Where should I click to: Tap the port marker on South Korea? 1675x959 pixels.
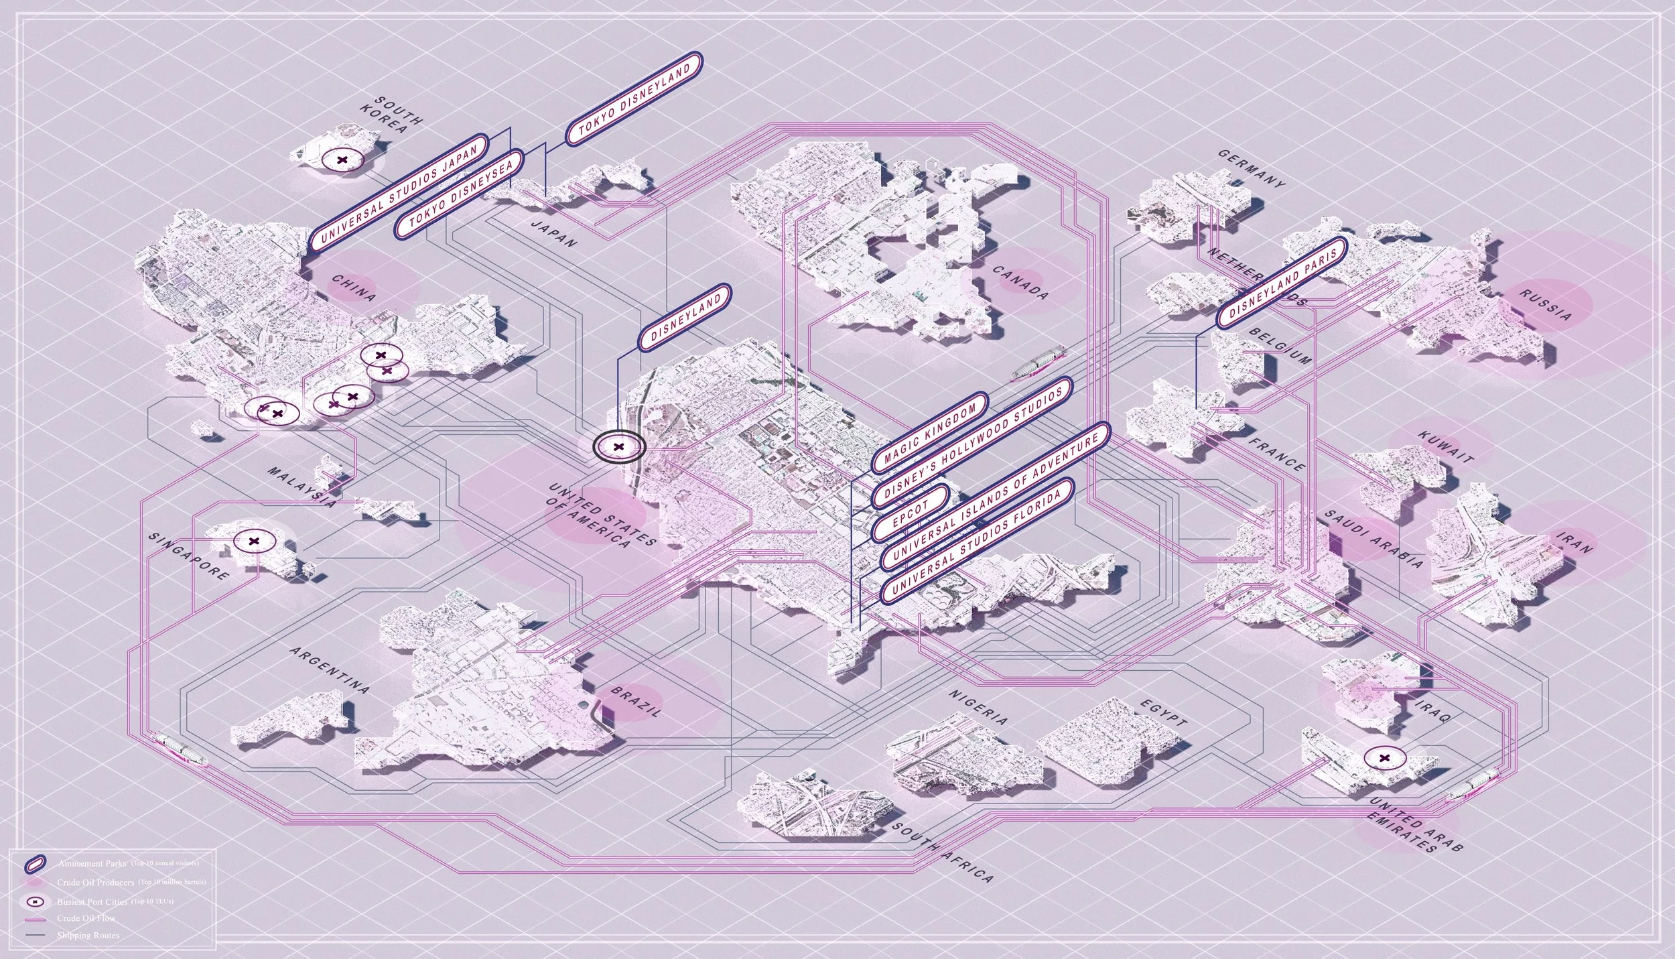point(342,161)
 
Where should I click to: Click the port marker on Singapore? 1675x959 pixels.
point(254,541)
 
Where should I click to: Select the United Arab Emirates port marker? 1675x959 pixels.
point(1385,758)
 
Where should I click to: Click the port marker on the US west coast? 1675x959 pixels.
point(618,446)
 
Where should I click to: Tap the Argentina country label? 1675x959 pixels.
point(330,669)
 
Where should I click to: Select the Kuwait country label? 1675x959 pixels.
point(1446,447)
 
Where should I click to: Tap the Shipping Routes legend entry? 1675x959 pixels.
point(87,936)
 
